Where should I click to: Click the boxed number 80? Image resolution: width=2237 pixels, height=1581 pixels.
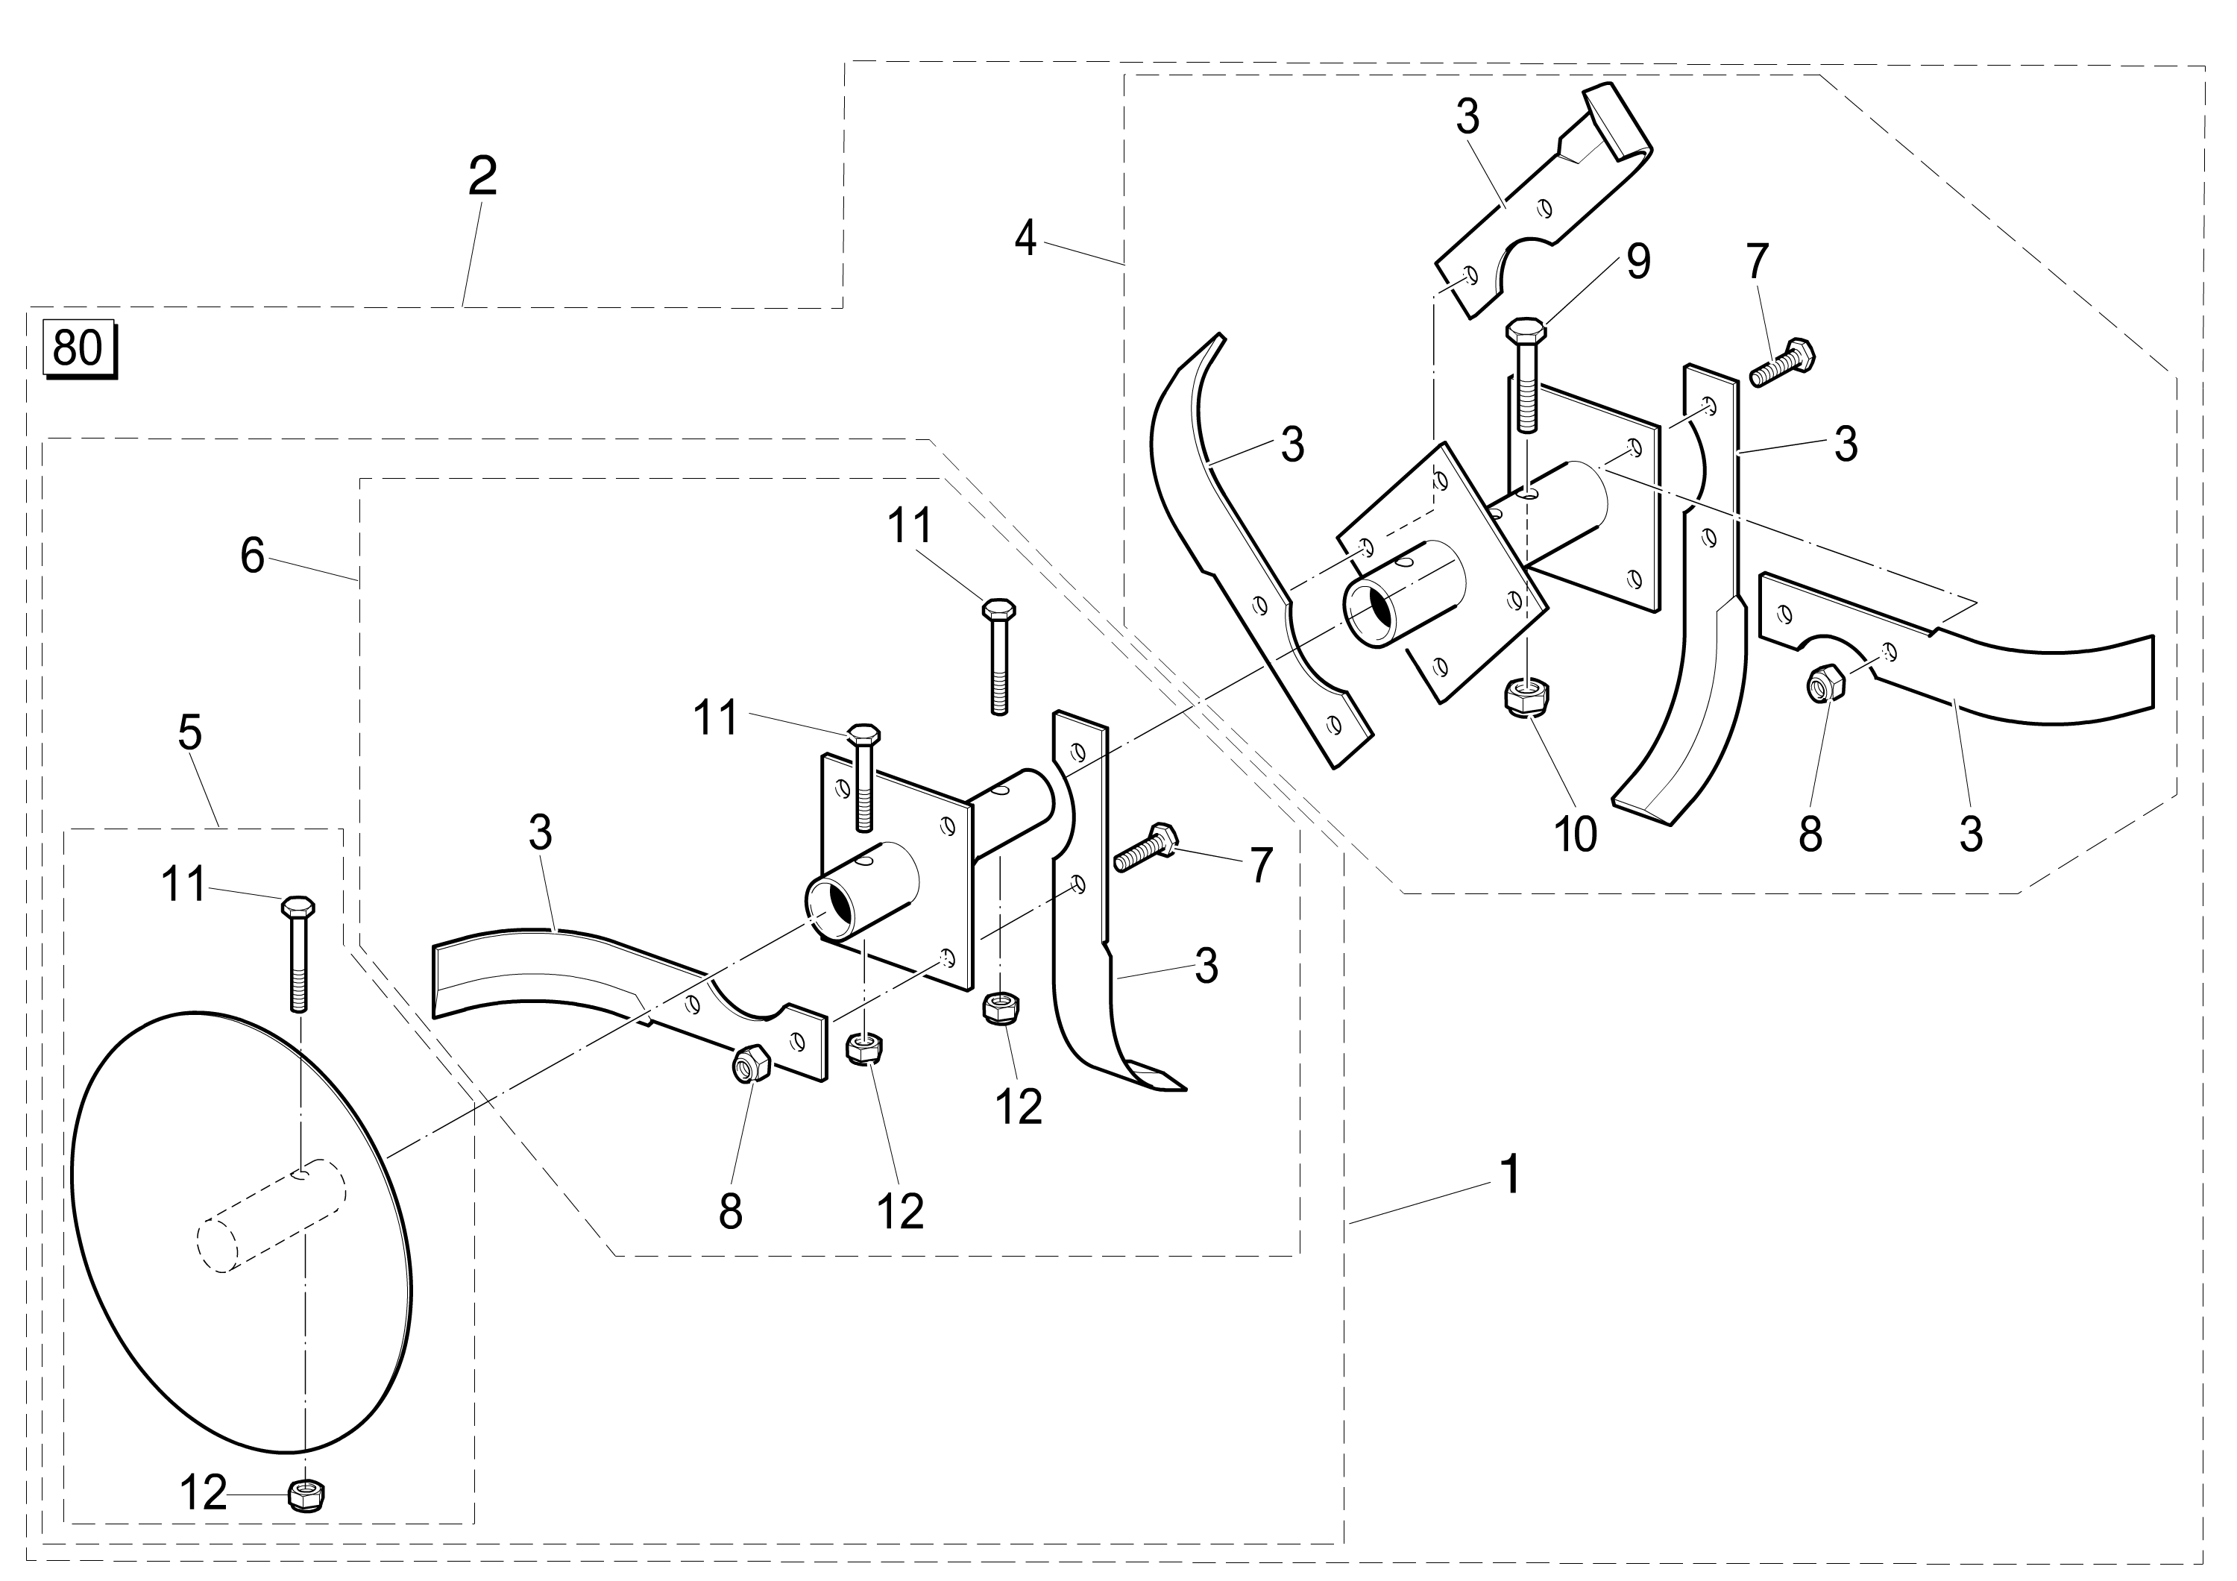point(78,348)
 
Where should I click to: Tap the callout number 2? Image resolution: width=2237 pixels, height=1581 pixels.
point(482,176)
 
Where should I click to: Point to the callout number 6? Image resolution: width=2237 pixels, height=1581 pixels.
point(252,556)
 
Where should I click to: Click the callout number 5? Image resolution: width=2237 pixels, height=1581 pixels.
point(190,732)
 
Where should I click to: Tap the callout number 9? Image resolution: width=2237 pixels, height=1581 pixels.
point(1637,262)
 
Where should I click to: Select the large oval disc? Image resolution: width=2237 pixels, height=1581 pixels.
point(244,1237)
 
